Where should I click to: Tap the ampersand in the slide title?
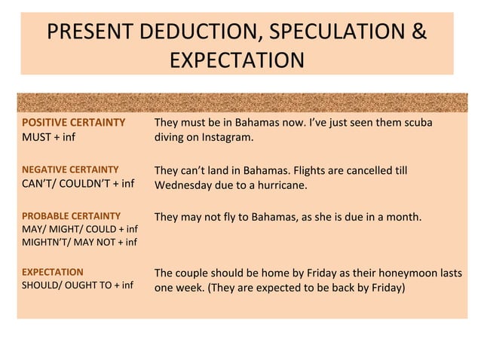[x=417, y=33]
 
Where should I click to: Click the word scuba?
[x=416, y=123]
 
